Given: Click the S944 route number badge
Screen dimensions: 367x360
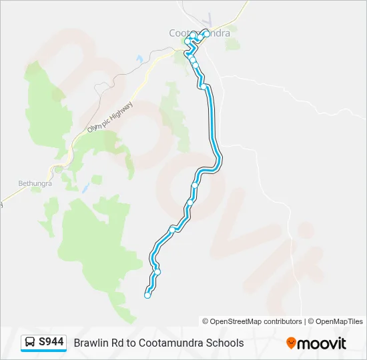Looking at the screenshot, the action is pos(51,342).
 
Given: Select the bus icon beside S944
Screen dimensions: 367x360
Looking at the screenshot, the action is pos(31,343).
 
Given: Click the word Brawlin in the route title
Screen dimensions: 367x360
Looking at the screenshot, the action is pos(91,343).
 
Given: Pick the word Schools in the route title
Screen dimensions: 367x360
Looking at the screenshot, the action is pos(225,343).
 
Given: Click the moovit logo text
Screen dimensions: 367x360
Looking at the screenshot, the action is pos(322,343).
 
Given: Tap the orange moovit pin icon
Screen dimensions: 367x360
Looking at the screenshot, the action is pos(291,343).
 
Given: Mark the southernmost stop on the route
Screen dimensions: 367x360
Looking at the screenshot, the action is pos(147,295).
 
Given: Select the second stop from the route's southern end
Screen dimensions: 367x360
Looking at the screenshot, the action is pos(157,272).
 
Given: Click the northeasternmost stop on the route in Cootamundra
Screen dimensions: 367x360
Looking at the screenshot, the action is pos(206,33).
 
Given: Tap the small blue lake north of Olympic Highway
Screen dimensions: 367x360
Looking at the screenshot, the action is pos(139,59).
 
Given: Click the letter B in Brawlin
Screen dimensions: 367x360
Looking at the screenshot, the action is pos(77,343).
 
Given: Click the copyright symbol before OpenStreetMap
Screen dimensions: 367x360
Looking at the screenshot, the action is pos(206,321).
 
